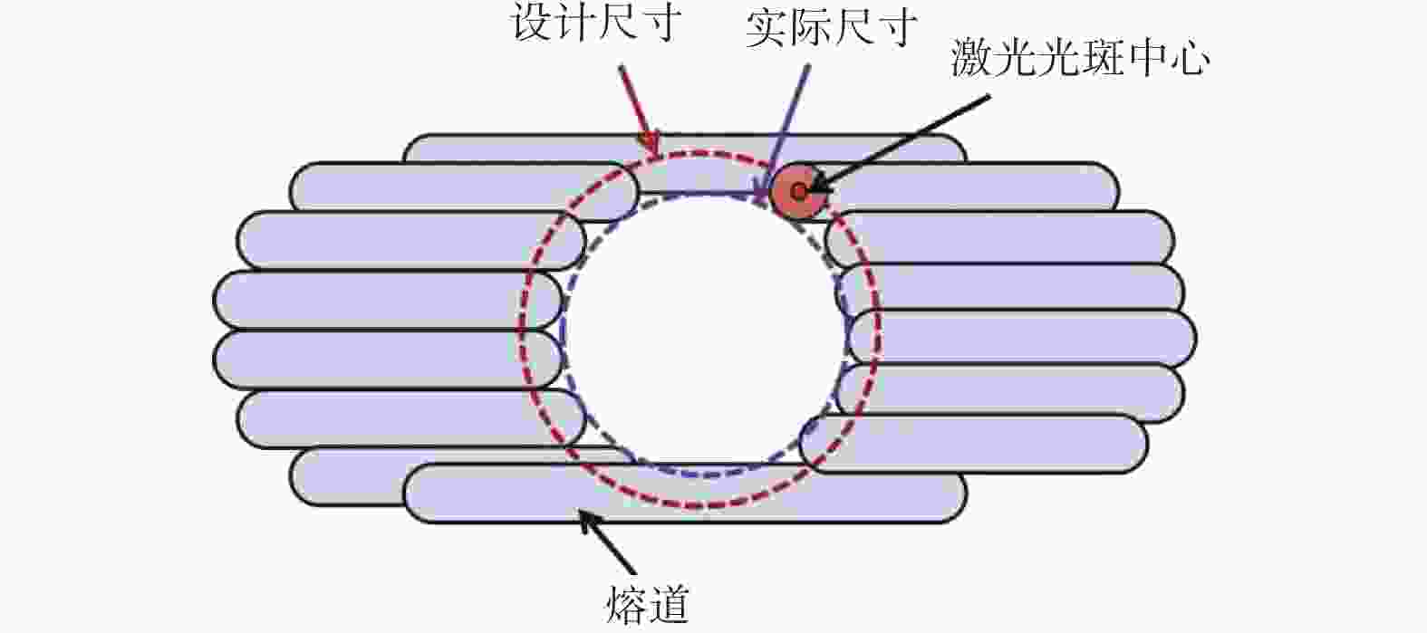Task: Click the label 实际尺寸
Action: pos(832,28)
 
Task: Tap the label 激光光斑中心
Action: pos(1080,57)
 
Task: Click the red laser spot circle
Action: pos(799,192)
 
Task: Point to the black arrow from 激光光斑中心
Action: pos(899,144)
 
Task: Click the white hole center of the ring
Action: pos(704,328)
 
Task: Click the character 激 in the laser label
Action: pos(972,58)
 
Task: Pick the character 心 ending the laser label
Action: pos(1188,58)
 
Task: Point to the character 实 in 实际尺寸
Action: pos(767,29)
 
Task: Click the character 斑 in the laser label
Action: pos(1102,58)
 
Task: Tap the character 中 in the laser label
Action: pos(1145,58)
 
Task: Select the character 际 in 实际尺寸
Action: pos(810,29)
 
